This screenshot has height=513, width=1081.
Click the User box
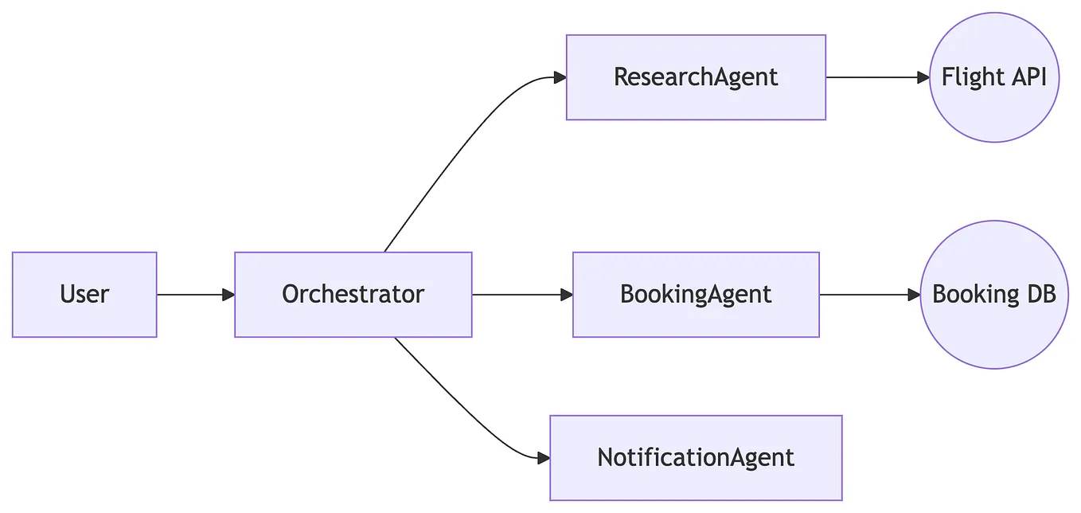84,295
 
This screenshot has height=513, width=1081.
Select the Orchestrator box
353,295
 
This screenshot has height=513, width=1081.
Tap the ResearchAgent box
696,77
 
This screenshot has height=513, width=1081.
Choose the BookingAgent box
696,295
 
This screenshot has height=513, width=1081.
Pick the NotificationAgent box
696,458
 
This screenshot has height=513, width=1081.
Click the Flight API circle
994,77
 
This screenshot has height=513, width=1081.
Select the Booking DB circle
994,295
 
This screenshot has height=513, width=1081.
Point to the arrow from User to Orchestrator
191,295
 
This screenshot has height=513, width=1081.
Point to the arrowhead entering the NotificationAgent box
544,458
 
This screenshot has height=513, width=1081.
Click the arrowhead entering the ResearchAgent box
560,77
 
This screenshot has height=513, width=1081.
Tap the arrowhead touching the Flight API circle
923,77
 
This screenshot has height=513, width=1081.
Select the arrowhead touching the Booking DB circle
914,295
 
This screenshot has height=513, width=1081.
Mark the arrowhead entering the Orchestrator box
228,295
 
